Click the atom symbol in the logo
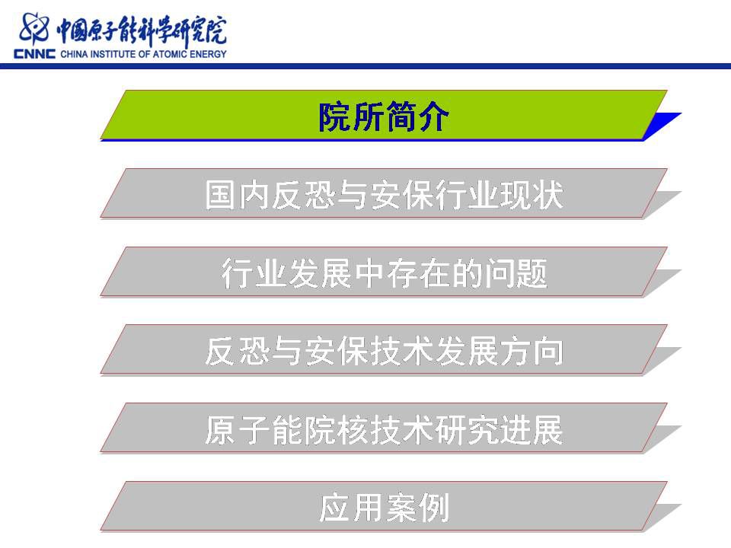(x=34, y=28)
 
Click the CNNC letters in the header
(x=34, y=54)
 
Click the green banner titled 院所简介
(x=384, y=115)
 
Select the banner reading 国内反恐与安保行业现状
(x=384, y=193)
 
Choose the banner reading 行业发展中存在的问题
(x=384, y=272)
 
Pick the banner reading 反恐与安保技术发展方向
(x=384, y=350)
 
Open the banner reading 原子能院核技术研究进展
(x=384, y=429)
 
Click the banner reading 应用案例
(x=384, y=507)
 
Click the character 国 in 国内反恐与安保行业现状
(x=220, y=194)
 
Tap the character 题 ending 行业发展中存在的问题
(x=532, y=273)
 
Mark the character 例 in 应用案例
(x=433, y=508)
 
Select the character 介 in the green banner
(x=433, y=116)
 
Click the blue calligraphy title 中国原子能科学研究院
(x=142, y=30)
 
